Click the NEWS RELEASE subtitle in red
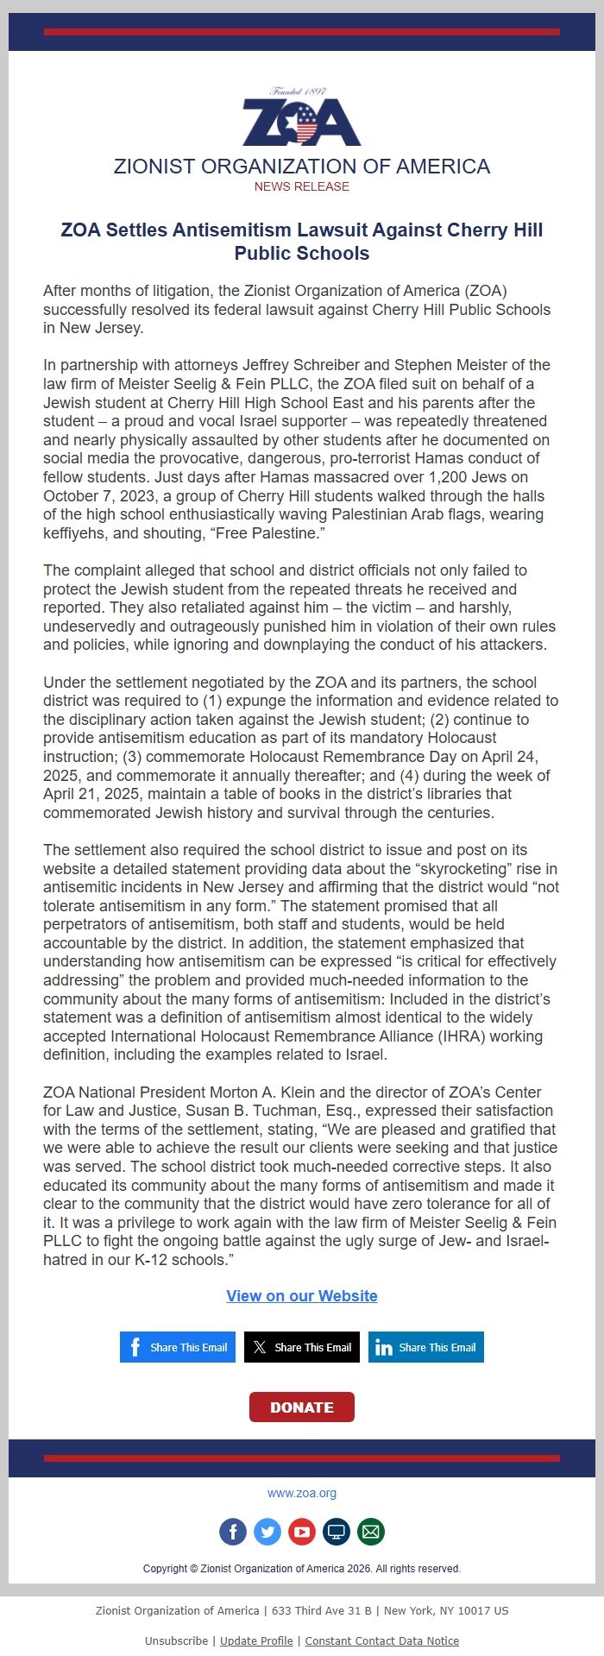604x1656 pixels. point(301,186)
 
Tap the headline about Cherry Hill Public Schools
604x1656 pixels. point(301,242)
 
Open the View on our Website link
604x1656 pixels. point(301,1295)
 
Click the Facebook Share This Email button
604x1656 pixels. point(178,1347)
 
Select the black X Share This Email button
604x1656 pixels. point(301,1347)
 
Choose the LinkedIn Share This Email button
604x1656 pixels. point(425,1347)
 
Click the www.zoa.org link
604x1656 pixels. point(301,1493)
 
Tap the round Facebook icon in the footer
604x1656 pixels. point(233,1532)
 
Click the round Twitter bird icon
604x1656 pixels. point(267,1532)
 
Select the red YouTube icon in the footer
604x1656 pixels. point(302,1532)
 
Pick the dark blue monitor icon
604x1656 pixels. point(337,1532)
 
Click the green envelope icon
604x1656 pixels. point(371,1532)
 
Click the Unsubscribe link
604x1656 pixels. point(176,1640)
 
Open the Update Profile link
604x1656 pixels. point(256,1640)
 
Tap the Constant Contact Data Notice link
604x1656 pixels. point(381,1640)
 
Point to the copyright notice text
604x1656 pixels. point(301,1568)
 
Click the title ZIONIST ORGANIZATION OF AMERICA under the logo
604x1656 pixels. point(301,167)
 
